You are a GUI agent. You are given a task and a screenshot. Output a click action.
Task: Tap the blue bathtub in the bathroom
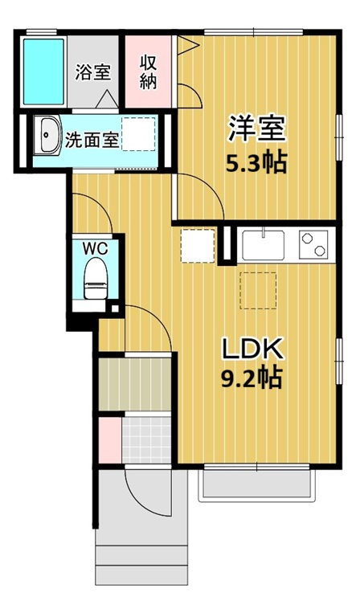tap(41, 71)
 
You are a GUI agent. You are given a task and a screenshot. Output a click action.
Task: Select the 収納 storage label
tap(149, 71)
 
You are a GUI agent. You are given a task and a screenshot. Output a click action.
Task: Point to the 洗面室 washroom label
tap(92, 138)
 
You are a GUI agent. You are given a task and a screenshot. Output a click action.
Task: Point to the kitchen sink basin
tap(261, 243)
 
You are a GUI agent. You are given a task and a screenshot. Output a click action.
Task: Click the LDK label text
tap(251, 348)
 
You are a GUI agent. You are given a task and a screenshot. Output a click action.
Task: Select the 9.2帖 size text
tap(251, 377)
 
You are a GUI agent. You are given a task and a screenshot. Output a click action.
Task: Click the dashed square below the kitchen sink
tap(258, 289)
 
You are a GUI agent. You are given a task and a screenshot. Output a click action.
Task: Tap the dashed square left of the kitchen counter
tap(198, 245)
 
